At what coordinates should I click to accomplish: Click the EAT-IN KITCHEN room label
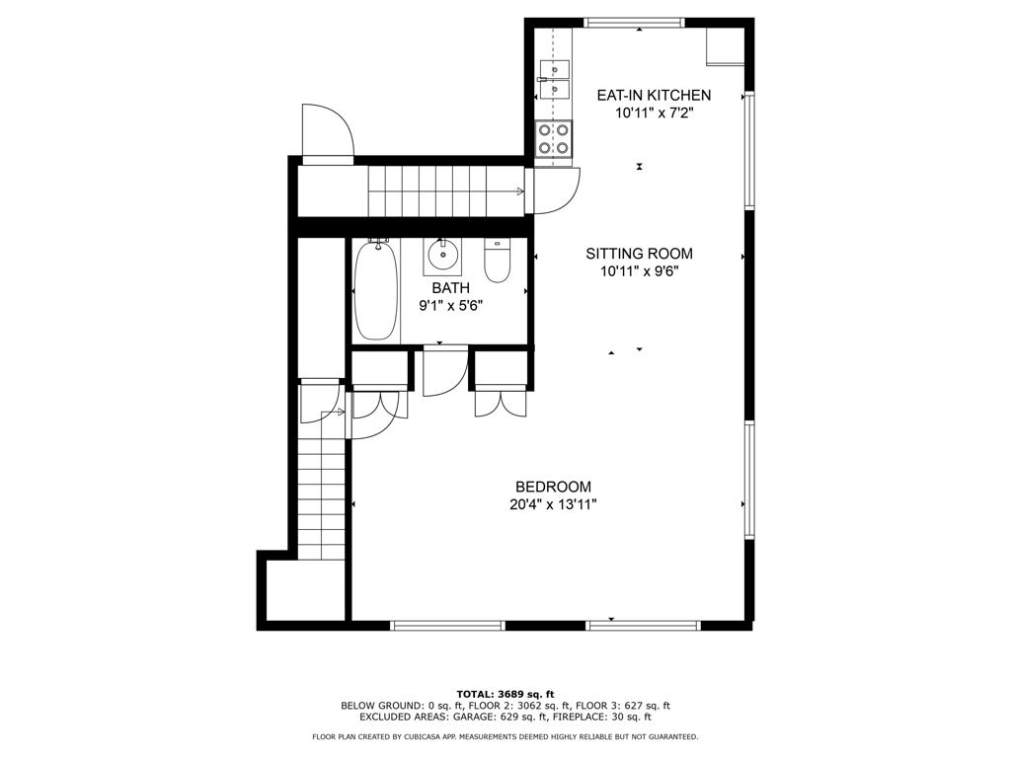[x=654, y=96]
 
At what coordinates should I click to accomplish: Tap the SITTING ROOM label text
[x=639, y=254]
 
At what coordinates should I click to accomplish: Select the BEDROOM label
[x=553, y=487]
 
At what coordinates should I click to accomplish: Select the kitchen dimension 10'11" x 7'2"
[x=654, y=114]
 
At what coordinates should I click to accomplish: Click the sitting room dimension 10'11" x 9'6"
[x=639, y=271]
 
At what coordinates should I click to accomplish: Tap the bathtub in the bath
[x=375, y=289]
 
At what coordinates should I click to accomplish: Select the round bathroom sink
[x=443, y=257]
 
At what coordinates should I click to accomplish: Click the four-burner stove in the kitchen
[x=553, y=139]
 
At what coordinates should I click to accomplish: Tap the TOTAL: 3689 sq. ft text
[x=505, y=694]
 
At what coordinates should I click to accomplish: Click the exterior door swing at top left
[x=327, y=131]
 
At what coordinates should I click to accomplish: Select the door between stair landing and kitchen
[x=553, y=191]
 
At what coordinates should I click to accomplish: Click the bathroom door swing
[x=444, y=371]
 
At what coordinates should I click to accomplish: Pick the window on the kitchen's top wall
[x=634, y=22]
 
